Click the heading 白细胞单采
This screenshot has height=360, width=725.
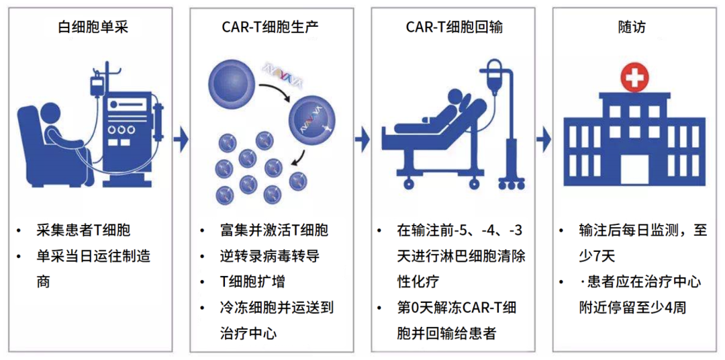pos(93,28)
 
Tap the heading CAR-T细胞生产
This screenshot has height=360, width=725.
pos(271,28)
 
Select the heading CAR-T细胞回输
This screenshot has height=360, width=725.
pos(454,28)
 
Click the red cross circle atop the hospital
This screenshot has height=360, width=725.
pos(634,77)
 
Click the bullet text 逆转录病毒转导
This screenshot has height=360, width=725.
pos(271,255)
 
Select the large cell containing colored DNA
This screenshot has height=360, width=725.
pos(311,123)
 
